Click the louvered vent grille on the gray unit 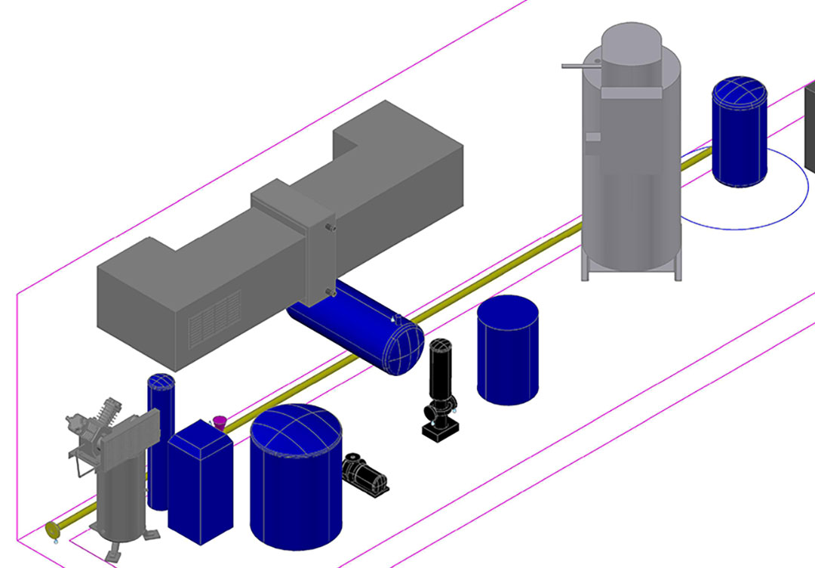(x=214, y=316)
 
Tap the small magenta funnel (x=220, y=421)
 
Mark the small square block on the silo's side (x=593, y=137)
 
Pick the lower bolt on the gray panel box (x=328, y=291)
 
